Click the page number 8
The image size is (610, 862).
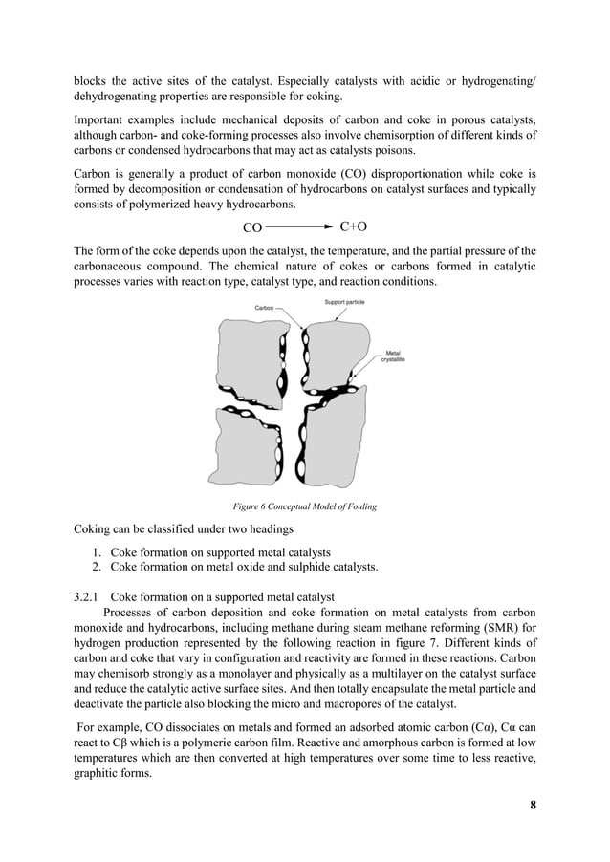coord(533,804)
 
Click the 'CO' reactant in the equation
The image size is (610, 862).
coord(252,228)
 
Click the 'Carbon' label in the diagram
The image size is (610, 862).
coord(264,308)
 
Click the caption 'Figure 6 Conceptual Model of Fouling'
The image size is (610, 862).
coord(297,506)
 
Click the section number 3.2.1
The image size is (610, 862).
coord(90,595)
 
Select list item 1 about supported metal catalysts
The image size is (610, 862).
coord(221,552)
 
